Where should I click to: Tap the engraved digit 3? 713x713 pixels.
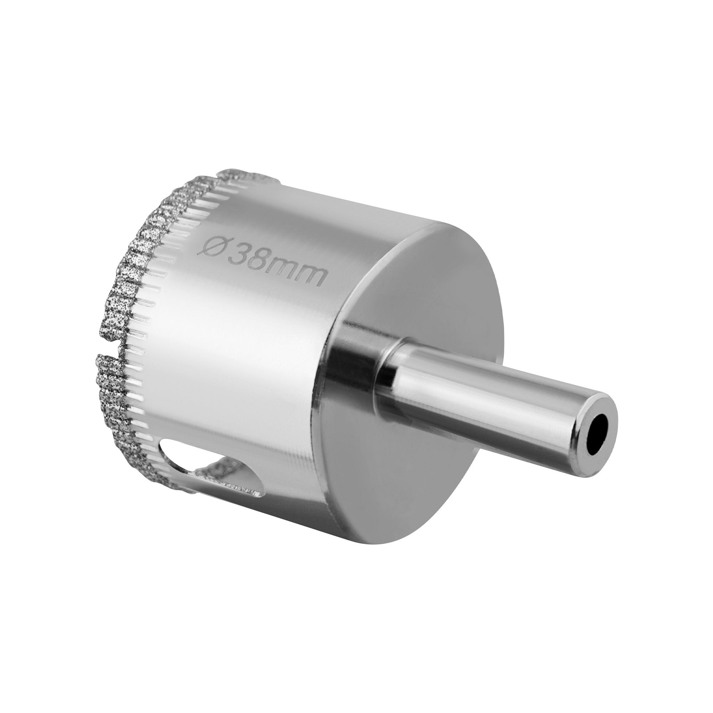pos(237,254)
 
